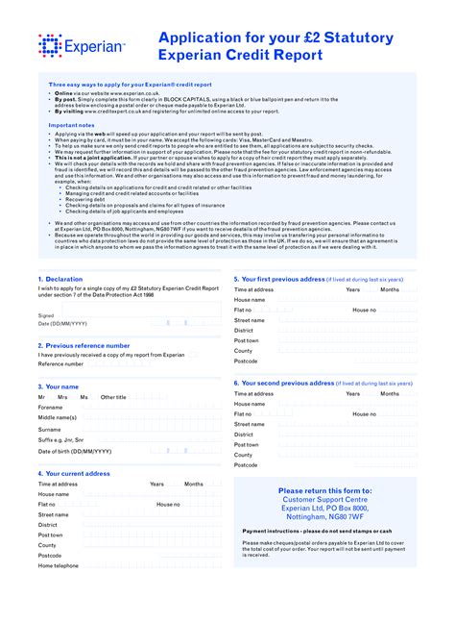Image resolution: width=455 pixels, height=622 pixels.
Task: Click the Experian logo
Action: click(82, 44)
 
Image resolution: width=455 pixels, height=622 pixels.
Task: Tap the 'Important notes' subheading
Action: click(71, 125)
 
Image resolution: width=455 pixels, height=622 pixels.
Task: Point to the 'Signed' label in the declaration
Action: click(46, 315)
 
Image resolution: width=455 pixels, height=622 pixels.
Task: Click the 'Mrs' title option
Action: click(62, 397)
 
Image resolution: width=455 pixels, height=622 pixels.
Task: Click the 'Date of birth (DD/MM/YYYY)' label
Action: click(75, 451)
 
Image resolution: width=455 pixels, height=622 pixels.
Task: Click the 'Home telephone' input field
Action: click(154, 565)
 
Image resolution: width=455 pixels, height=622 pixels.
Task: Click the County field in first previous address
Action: click(346, 351)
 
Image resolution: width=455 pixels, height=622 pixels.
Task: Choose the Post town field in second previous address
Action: click(346, 444)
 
